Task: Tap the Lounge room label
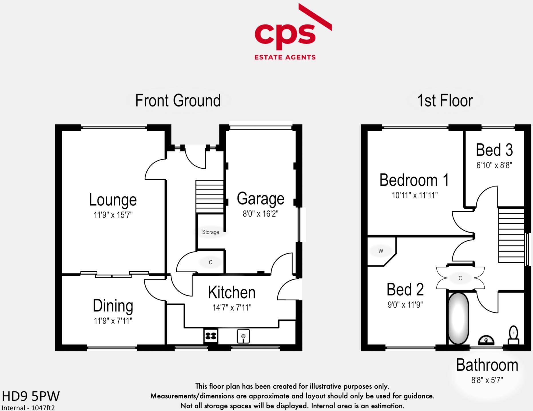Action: point(113,200)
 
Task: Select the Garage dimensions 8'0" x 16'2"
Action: point(260,213)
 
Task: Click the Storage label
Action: point(210,232)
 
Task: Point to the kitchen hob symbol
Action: point(211,336)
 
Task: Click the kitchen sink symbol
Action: point(243,336)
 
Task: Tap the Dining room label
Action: point(113,306)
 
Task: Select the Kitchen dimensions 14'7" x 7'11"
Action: point(232,307)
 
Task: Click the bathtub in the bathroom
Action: point(458,318)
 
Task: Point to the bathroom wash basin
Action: point(486,340)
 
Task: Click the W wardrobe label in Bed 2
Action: point(381,251)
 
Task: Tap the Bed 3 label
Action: point(494,150)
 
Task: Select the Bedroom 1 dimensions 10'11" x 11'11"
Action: point(415,196)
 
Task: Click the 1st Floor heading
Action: point(445,100)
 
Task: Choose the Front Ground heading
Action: point(178,100)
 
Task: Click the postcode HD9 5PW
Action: point(31,396)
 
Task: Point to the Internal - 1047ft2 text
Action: point(28,408)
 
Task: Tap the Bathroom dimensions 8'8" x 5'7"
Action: point(487,380)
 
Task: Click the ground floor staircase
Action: point(209,196)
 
